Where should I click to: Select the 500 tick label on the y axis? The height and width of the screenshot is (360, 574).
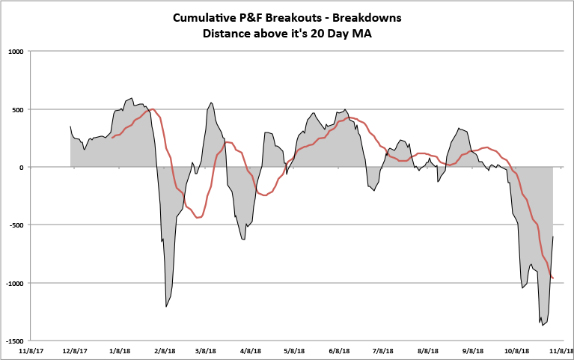click(x=18, y=109)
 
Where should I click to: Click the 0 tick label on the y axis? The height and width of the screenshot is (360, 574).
click(x=22, y=168)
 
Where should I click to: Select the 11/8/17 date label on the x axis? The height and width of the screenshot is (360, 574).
click(x=31, y=350)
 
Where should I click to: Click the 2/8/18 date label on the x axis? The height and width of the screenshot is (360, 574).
click(x=165, y=350)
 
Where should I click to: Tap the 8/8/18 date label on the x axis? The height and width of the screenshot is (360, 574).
click(x=427, y=350)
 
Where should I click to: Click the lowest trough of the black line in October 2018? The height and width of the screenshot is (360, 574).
click(x=541, y=325)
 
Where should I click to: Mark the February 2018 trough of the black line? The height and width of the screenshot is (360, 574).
click(x=166, y=307)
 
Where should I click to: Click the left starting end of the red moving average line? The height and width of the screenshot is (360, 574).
click(x=112, y=138)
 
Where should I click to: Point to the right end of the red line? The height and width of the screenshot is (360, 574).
click(x=553, y=278)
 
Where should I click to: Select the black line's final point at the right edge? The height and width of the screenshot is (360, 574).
click(x=553, y=237)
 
